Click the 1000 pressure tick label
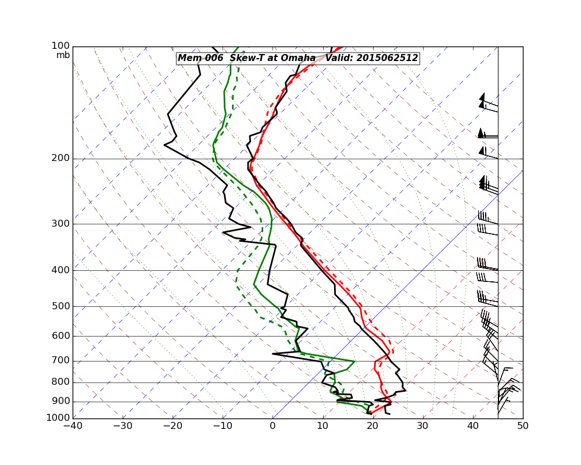pos(59,418)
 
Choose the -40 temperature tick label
pos(73,426)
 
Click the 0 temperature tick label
pos(272,426)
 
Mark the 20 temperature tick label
pos(372,426)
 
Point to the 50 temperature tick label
pos(523,426)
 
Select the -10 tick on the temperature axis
pos(223,426)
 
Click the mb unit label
pos(63,55)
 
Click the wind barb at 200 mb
pos(488,155)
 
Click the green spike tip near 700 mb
pos(354,362)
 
